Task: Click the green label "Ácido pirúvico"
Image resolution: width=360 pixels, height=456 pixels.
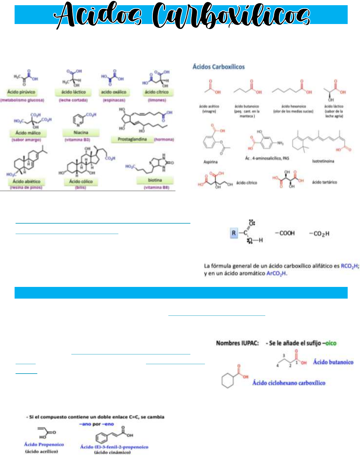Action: tap(21, 92)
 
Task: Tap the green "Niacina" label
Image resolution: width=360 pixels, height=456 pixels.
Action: tap(81, 132)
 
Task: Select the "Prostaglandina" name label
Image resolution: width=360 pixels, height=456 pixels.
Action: tap(132, 139)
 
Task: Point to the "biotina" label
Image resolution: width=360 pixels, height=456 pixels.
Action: tap(155, 180)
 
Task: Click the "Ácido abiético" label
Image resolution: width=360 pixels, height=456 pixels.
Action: tap(27, 181)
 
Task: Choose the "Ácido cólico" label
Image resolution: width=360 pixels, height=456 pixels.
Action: tap(81, 181)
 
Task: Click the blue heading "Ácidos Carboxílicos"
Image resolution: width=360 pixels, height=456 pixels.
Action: tap(219, 67)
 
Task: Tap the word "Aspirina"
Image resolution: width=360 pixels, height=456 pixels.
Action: tap(210, 162)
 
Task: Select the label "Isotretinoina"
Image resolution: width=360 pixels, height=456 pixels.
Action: tap(323, 161)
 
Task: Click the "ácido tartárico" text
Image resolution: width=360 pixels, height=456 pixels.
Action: tap(324, 182)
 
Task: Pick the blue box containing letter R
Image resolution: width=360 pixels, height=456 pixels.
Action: tap(234, 233)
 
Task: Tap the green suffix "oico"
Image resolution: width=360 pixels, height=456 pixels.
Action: tap(331, 343)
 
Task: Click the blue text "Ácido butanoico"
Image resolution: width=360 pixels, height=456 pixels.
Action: tap(333, 362)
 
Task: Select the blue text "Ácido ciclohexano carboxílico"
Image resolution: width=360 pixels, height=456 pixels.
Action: tap(289, 383)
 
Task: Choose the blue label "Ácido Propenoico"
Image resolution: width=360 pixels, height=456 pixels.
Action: tap(44, 444)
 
